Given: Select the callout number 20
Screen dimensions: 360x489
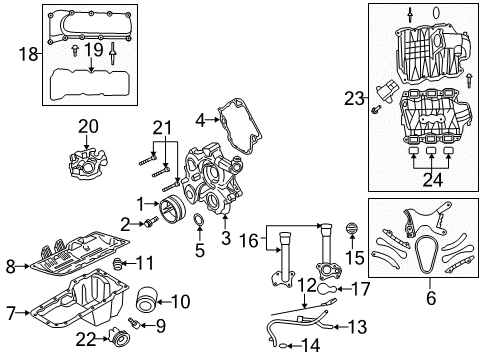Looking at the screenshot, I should click(x=89, y=126).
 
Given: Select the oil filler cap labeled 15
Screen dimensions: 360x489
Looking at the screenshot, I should click(x=352, y=229).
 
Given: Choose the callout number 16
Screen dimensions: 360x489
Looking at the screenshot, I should click(x=248, y=240).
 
